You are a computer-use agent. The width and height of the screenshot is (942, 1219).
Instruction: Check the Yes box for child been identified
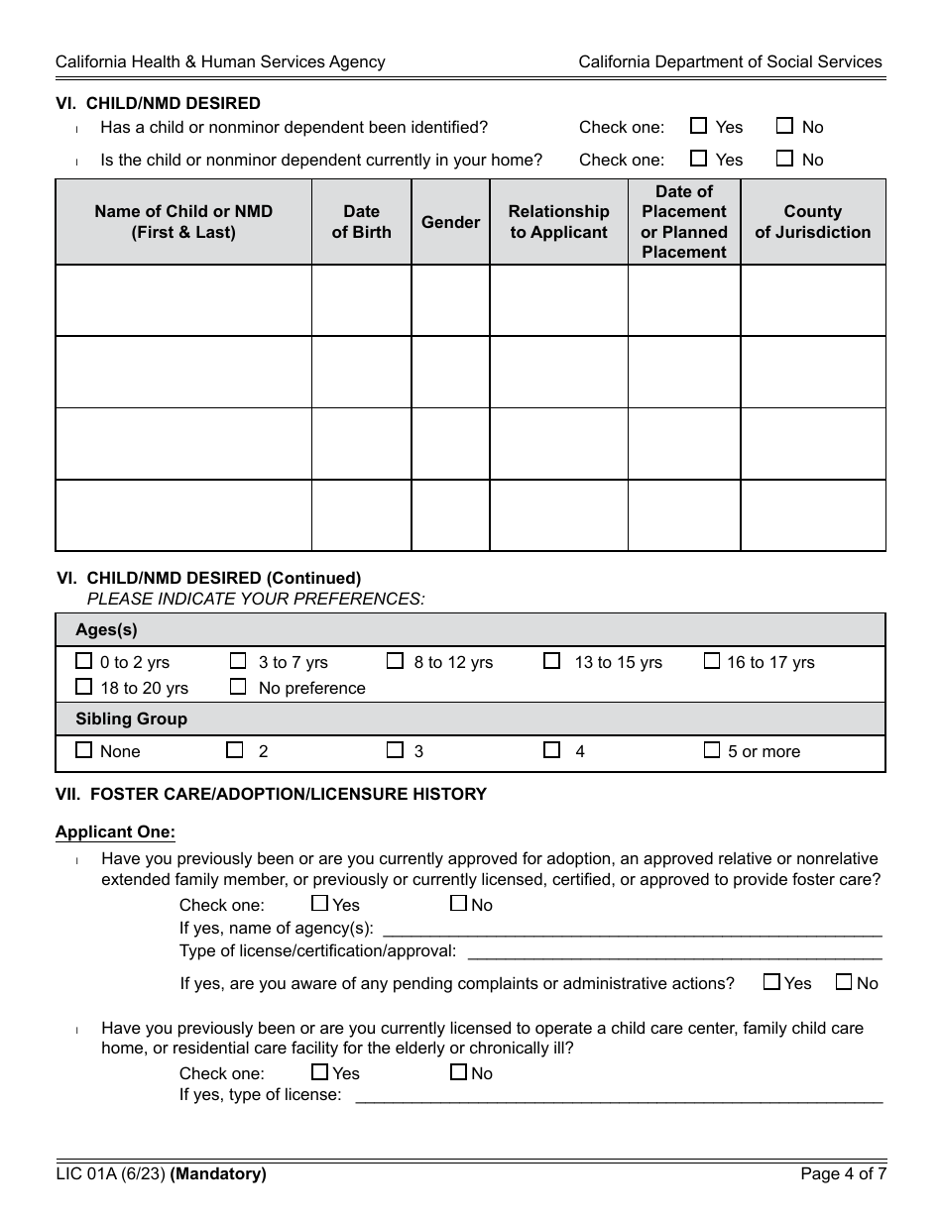click(x=698, y=126)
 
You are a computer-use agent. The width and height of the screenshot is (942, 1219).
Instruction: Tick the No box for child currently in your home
click(x=784, y=159)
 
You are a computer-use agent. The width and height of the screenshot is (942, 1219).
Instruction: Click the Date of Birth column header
click(x=361, y=222)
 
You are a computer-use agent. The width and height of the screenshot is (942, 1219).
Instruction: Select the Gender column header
click(x=450, y=222)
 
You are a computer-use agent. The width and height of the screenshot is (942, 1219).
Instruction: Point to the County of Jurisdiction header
click(x=812, y=222)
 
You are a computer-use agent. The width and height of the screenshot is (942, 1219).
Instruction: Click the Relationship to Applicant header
click(x=558, y=222)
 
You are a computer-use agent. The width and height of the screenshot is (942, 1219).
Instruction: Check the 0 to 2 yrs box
click(x=84, y=661)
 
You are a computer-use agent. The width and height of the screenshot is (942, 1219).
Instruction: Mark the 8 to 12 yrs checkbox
click(x=395, y=661)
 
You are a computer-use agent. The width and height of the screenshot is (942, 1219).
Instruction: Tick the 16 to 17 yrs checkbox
click(x=711, y=661)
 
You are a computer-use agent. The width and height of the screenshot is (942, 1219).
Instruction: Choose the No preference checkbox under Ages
click(x=238, y=687)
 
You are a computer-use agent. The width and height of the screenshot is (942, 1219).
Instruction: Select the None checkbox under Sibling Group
click(x=84, y=750)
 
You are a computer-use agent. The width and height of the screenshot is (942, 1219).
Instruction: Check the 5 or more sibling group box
click(x=711, y=750)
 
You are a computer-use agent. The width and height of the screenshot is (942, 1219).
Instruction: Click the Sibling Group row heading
click(x=131, y=719)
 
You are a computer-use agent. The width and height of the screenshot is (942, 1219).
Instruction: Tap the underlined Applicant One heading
click(x=115, y=832)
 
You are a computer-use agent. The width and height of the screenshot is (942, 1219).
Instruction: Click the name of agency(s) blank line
click(x=632, y=929)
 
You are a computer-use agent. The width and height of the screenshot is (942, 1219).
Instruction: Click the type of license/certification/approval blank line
click(x=674, y=951)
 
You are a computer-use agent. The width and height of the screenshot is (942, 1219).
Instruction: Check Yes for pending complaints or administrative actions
click(x=771, y=982)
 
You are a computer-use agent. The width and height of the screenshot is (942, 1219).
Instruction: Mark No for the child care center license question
click(x=458, y=1072)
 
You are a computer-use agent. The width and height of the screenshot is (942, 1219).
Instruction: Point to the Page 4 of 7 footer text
click(x=843, y=1174)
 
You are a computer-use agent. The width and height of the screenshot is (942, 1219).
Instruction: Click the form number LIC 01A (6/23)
click(x=110, y=1174)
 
